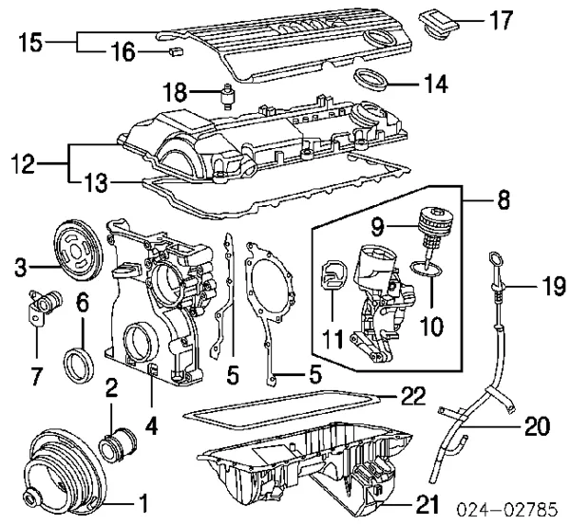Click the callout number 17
[501, 20]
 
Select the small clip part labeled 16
[176, 51]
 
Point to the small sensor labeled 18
[228, 96]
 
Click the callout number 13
[96, 183]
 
